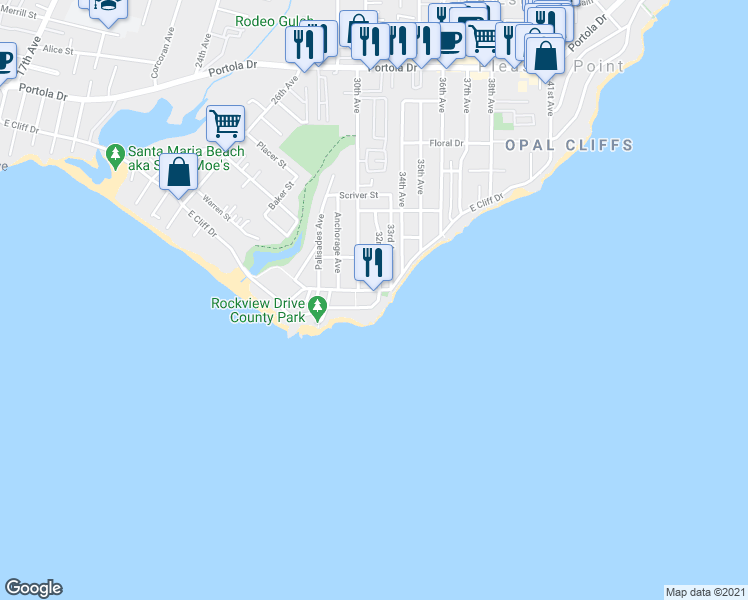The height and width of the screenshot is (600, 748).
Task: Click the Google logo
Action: coord(33,588)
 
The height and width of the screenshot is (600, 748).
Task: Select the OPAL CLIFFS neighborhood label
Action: coord(569,146)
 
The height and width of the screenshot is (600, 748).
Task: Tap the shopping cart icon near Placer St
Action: coord(226,125)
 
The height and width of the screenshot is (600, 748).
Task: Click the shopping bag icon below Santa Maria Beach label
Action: coord(178,172)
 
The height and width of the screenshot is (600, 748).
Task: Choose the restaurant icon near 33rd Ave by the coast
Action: coord(373,262)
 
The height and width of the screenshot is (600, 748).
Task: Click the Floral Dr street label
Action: coord(447,143)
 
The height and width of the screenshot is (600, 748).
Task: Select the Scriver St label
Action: coord(358,196)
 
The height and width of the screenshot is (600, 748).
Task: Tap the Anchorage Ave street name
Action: coord(338,243)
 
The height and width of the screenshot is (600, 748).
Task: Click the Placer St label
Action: coord(270,155)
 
